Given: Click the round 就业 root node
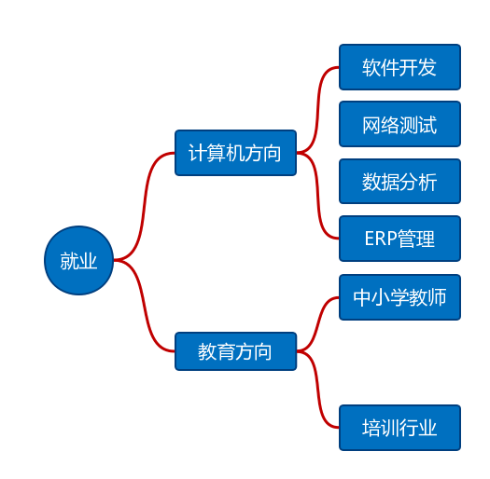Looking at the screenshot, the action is pos(78,260).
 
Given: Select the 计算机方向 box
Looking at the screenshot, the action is pos(235,153).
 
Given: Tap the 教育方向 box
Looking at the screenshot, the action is pos(235,351).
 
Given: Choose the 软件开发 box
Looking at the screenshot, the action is pos(399,67).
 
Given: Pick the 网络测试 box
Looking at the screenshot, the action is pos(399,124).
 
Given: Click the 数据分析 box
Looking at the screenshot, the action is pos(399,182).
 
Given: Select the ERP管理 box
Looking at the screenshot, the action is pos(399,239).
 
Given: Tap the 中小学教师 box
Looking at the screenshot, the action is pos(399,297).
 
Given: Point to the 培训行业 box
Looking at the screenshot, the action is pos(399,428).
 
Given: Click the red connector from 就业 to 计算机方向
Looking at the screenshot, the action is pos(144,206).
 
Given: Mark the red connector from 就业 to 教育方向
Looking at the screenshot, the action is pos(144,306).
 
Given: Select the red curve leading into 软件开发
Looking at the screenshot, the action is pos(317,110).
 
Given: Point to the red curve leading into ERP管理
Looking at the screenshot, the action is pos(317,196).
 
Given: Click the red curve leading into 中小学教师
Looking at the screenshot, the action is pos(317,324).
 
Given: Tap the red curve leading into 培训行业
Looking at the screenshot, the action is pos(317,390).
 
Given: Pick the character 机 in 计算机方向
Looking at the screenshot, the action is pos(234,153).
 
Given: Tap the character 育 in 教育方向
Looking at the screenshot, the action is pos(225,351).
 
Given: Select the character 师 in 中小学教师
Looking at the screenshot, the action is pos(436,297).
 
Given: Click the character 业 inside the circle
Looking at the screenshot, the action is pos(88,261).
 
